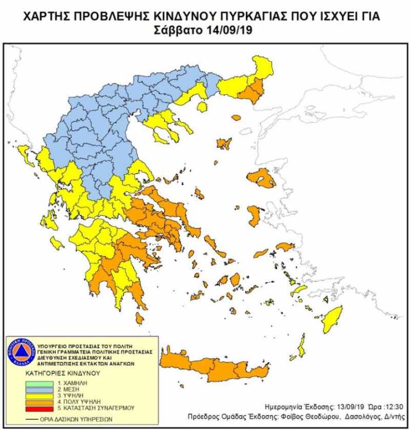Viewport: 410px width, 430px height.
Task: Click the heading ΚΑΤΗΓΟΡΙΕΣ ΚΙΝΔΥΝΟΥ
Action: tap(63, 373)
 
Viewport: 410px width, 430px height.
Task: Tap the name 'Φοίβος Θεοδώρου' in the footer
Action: tap(299, 416)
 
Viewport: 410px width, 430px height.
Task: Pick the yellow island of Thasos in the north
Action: tap(202, 107)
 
